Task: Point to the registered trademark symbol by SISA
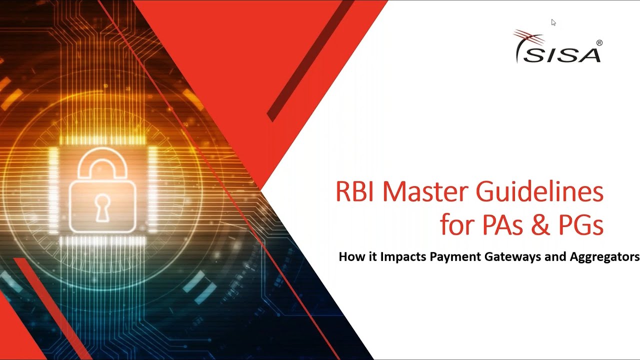(599, 43)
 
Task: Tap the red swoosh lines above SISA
(529, 36)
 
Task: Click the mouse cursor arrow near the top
(553, 22)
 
